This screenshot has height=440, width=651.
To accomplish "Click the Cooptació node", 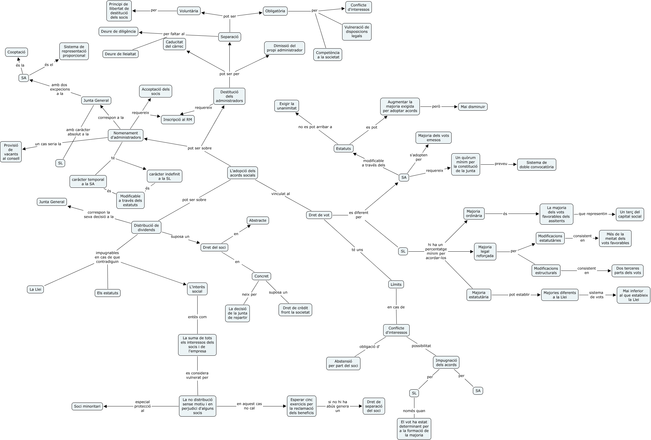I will point(16,52).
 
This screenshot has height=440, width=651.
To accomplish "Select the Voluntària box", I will point(189,11).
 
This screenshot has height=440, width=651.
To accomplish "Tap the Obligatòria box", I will point(275,11).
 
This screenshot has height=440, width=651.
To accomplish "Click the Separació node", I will point(229,37).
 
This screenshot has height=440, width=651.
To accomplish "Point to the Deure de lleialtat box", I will point(120,54).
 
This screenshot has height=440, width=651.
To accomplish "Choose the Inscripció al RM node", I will point(178,120).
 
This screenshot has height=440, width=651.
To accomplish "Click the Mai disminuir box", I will point(473,107).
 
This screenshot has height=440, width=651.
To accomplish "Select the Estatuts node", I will point(343,148).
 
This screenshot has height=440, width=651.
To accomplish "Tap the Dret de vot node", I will point(319,215).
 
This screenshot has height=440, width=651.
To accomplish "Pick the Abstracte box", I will point(258,220).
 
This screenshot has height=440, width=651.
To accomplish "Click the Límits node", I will point(396,284).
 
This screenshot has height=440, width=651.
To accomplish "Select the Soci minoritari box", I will point(87,406).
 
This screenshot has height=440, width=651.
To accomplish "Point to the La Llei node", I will point(35,289).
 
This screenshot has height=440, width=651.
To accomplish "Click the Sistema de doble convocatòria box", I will point(536,165).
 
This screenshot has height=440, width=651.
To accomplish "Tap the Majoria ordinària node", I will point(474,214).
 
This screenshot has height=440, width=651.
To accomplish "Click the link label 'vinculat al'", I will point(280,194).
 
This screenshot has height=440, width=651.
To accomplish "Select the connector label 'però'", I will point(436,106).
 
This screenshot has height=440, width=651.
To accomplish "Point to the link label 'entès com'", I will point(197,317).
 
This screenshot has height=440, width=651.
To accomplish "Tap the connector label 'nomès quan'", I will point(414,411).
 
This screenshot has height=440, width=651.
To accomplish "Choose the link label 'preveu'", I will point(501,164).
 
